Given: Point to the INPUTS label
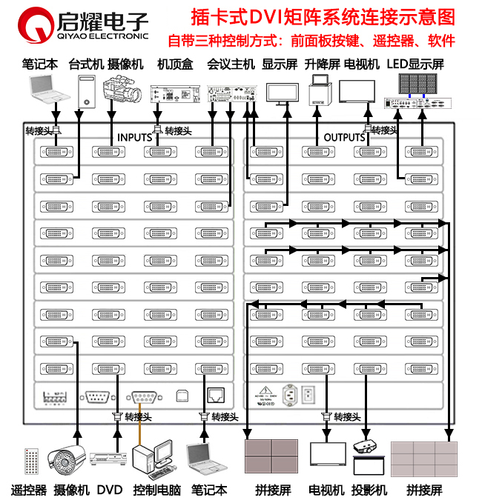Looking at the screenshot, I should [134, 138].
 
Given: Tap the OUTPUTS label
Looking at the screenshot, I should [344, 138].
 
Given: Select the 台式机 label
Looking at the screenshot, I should [85, 64].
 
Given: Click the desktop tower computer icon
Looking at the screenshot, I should [88, 92].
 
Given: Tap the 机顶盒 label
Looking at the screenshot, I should [175, 64].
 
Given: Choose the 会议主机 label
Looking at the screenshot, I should [231, 64].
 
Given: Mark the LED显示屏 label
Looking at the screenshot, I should [415, 64].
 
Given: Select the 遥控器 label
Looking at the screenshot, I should [29, 490].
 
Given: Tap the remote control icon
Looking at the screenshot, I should [31, 461].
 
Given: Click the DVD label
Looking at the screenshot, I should [109, 490].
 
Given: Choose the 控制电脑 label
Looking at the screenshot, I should [157, 490].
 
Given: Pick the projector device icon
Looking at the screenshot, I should [368, 446].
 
